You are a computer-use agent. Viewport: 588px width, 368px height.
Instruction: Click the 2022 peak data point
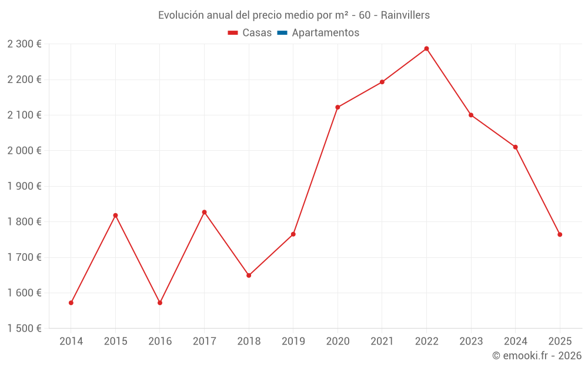(426, 49)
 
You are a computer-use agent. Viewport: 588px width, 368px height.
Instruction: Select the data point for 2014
(71, 303)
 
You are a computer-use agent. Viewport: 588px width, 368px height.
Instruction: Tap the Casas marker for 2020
(338, 107)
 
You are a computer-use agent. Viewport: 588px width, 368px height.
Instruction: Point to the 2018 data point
(249, 275)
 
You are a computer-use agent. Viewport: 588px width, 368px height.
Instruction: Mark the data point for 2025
(560, 234)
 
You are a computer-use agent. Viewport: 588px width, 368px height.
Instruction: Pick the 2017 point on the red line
(204, 212)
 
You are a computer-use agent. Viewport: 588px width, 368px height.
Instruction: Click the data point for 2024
(515, 147)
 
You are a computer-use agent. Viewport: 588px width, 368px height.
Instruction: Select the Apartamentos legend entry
(325, 33)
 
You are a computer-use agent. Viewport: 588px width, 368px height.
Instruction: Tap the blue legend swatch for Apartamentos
(282, 33)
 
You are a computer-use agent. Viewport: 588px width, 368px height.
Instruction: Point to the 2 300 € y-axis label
(24, 44)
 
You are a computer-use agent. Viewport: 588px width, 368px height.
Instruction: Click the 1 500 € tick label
(24, 329)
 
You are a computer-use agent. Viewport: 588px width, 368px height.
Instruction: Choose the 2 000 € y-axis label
(24, 151)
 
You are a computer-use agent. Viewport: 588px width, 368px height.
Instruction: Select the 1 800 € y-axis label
(24, 222)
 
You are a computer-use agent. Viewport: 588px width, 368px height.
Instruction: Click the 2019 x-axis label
(293, 342)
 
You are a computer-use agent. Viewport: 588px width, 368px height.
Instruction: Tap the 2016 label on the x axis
(160, 342)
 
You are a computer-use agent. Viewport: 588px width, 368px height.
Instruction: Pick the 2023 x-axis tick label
(471, 342)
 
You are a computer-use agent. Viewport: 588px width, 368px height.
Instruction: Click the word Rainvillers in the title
(405, 15)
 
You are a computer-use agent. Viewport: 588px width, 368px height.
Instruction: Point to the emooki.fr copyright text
(536, 356)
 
